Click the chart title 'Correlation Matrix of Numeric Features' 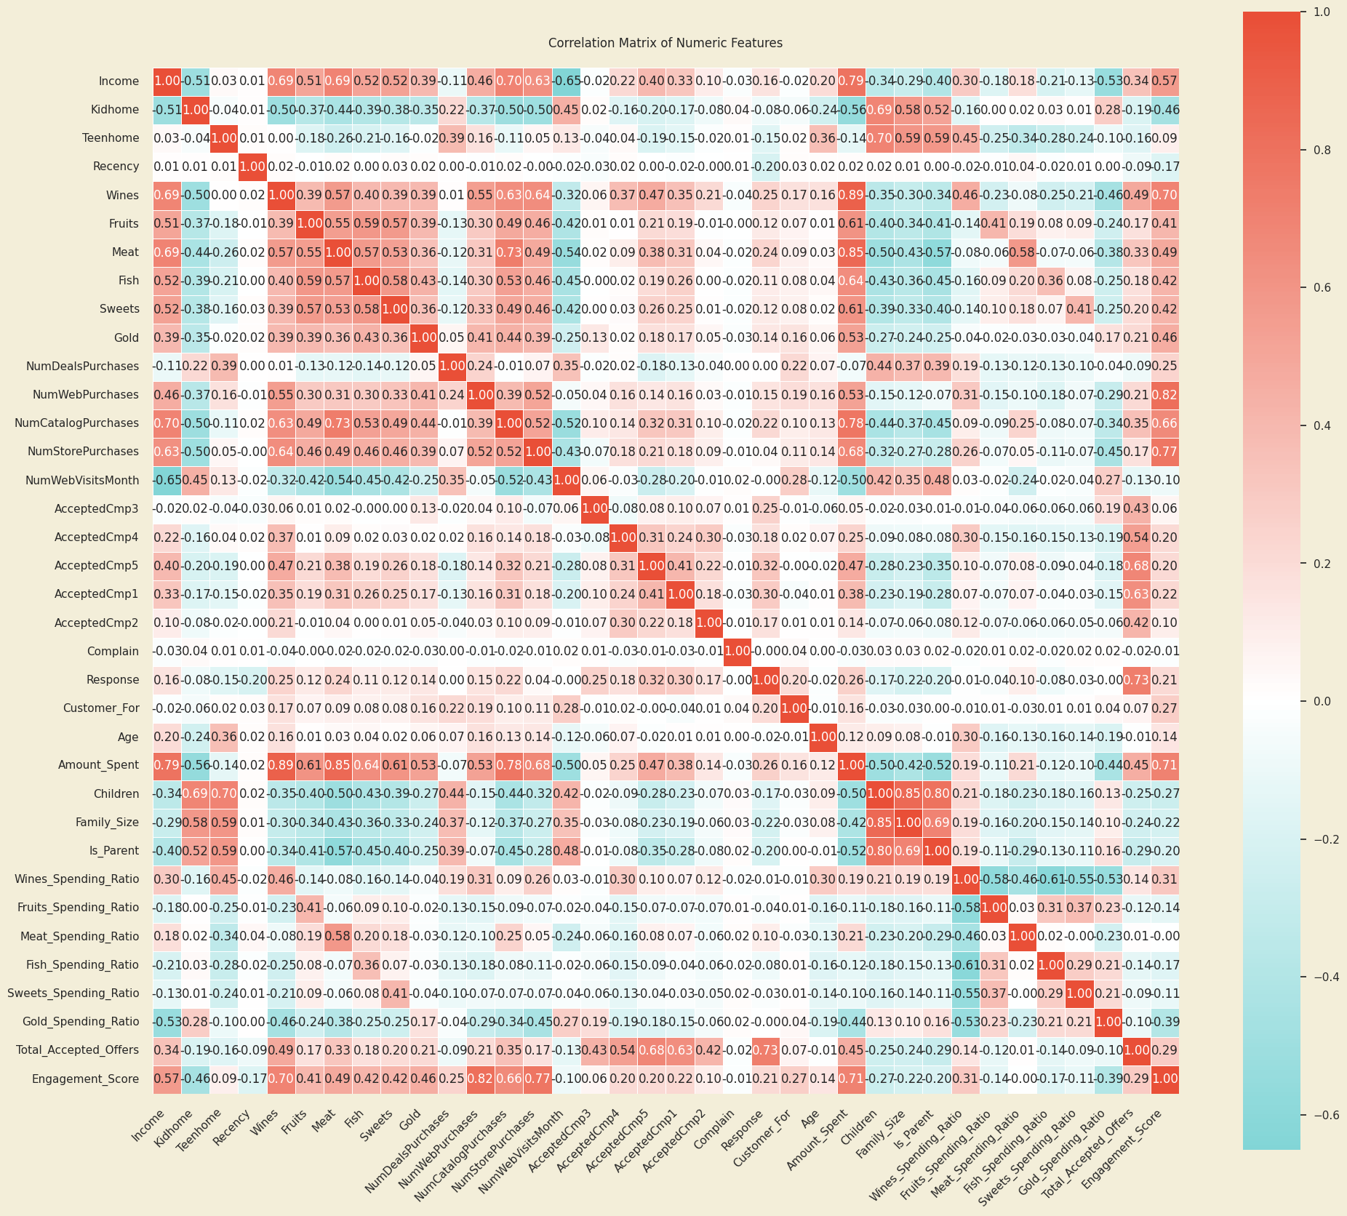[665, 43]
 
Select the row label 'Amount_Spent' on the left [99, 765]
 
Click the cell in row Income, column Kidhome [196, 81]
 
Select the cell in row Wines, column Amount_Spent [851, 195]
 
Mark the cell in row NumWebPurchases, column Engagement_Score [1165, 394]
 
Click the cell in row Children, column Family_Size [908, 794]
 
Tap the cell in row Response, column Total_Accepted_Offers [1137, 679]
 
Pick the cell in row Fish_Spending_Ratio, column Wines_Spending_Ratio [965, 964]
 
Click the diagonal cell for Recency [252, 167]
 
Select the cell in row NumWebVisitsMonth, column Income [167, 480]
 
